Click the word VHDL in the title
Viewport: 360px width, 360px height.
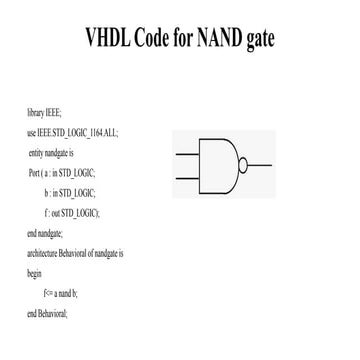coord(108,37)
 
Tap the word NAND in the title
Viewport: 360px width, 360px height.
coord(219,37)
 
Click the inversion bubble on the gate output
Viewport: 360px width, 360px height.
coord(243,165)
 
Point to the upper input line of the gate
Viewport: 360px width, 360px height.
coord(187,154)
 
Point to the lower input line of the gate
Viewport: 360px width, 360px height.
coord(187,178)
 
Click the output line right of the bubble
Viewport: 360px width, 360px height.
coord(260,165)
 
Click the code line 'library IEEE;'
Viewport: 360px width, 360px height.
coord(44,114)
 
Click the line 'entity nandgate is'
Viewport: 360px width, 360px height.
coord(51,154)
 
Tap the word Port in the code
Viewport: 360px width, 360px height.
coord(35,173)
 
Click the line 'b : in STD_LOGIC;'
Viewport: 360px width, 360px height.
coord(70,193)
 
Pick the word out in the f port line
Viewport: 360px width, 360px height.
coord(56,214)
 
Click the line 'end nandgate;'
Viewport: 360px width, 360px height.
coord(45,234)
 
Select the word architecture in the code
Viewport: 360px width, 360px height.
coord(42,253)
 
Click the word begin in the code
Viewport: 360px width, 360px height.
coord(34,274)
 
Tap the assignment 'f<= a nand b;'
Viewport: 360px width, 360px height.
coord(60,294)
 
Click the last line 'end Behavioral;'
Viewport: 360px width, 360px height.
coord(47,314)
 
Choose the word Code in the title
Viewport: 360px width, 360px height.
coord(151,37)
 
